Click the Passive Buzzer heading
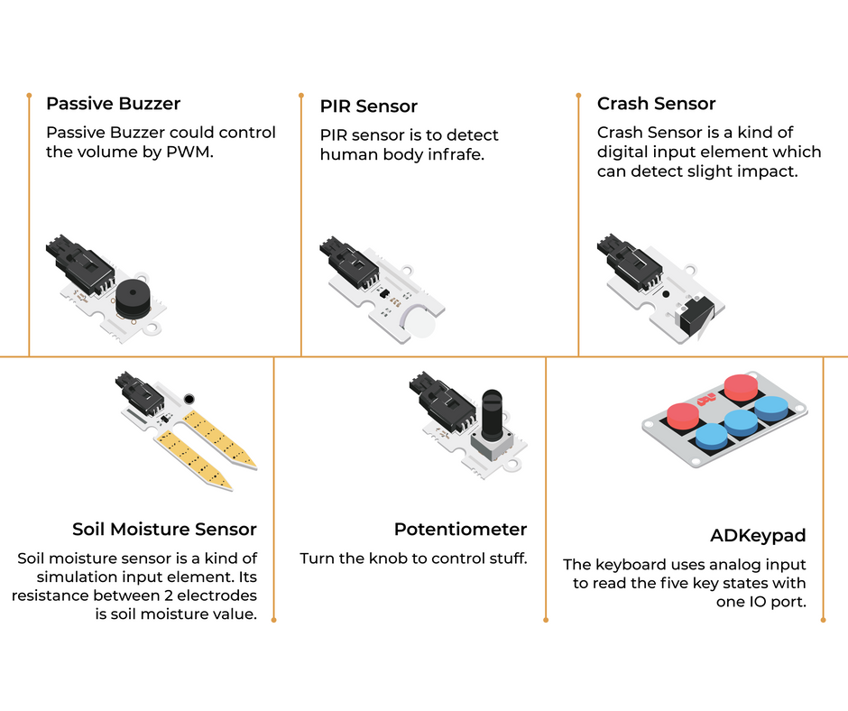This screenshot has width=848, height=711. click(x=113, y=104)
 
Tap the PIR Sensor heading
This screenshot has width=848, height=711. click(x=368, y=106)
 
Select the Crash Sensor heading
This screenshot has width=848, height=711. click(x=656, y=104)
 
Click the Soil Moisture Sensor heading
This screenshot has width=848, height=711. click(x=164, y=529)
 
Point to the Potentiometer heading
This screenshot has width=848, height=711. click(x=460, y=529)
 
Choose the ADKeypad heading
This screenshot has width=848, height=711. click(x=758, y=535)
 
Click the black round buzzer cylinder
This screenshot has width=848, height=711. click(x=133, y=299)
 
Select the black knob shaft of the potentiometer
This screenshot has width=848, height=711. click(x=492, y=414)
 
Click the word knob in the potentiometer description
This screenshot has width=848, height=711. click(x=388, y=558)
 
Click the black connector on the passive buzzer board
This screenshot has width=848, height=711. click(x=79, y=264)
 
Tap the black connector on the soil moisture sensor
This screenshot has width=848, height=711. click(x=140, y=392)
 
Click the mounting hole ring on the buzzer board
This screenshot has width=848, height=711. click(x=153, y=327)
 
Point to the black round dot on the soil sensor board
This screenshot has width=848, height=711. click(x=189, y=400)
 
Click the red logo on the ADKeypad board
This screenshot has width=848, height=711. click(x=706, y=400)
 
